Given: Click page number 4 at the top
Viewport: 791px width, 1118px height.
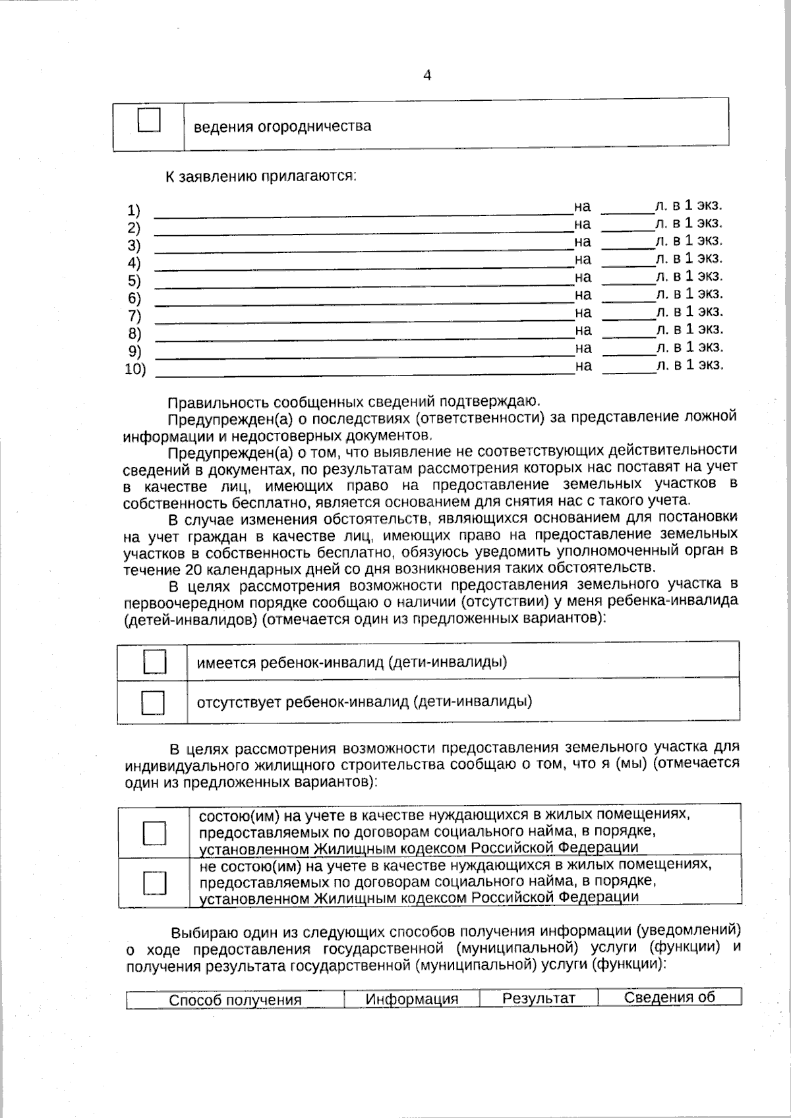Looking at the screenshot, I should pyautogui.click(x=426, y=76).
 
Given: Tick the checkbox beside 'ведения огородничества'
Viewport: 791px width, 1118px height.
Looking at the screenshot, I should pyautogui.click(x=149, y=121).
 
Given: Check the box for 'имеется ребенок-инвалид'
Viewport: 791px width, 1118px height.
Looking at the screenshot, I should pyautogui.click(x=154, y=661).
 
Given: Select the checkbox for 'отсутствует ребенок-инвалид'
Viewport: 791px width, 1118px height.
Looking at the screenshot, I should pyautogui.click(x=153, y=702).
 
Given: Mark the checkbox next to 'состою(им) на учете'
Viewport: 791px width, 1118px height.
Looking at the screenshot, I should pyautogui.click(x=154, y=833).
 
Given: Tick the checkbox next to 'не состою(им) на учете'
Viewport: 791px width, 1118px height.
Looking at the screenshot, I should pyautogui.click(x=154, y=883).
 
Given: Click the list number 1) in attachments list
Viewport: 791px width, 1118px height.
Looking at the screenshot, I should pyautogui.click(x=134, y=211).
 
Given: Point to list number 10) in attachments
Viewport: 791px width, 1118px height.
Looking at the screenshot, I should pyautogui.click(x=135, y=369).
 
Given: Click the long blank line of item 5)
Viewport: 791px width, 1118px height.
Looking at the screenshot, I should pyautogui.click(x=363, y=285).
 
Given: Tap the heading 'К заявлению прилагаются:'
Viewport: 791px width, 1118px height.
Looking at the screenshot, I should pyautogui.click(x=260, y=177).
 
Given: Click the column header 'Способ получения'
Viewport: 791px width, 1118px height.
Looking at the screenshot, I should pyautogui.click(x=235, y=999).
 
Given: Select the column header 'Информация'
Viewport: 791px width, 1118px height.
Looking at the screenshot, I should pyautogui.click(x=411, y=999).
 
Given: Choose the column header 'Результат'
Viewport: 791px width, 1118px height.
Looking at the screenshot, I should pyautogui.click(x=539, y=998).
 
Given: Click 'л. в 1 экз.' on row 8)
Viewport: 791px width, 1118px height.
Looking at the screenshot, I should pyautogui.click(x=689, y=329).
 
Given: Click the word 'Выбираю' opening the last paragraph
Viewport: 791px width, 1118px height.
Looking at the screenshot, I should pyautogui.click(x=200, y=933).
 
